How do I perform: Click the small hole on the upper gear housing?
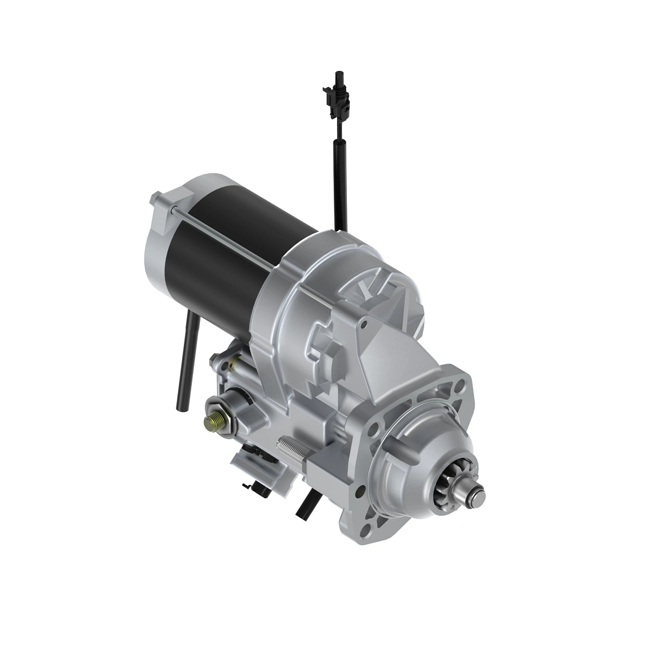coord(364,325)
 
